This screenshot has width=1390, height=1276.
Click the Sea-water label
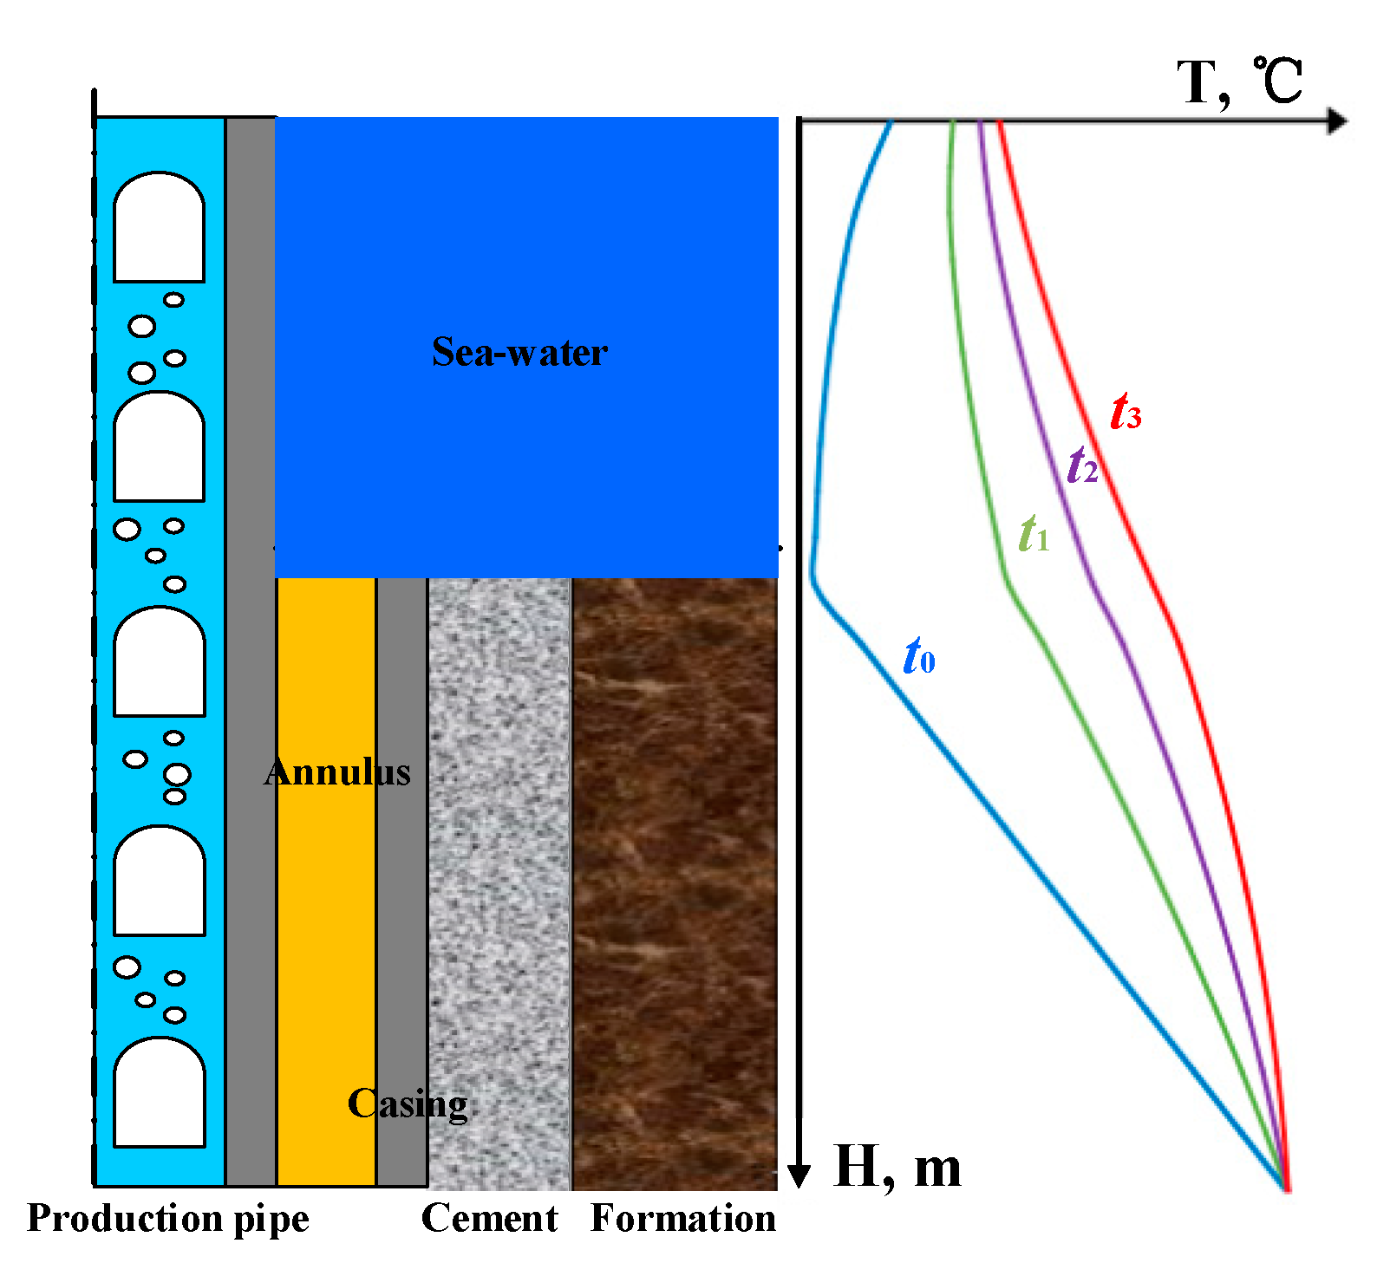pyautogui.click(x=519, y=352)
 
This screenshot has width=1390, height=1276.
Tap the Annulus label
pyautogui.click(x=337, y=771)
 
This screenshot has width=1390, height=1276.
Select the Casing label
pyautogui.click(x=408, y=1103)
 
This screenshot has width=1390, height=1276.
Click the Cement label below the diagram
pyautogui.click(x=489, y=1218)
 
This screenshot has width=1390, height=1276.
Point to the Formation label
pyautogui.click(x=683, y=1218)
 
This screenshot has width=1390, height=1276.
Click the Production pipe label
pyautogui.click(x=168, y=1218)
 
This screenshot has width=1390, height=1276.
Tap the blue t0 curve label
pyautogui.click(x=919, y=656)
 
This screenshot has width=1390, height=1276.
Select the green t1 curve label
pyautogui.click(x=1034, y=534)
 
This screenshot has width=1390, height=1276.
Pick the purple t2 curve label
pyautogui.click(x=1082, y=465)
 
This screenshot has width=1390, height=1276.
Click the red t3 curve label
pyautogui.click(x=1126, y=412)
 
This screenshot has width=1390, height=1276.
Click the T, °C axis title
pyautogui.click(x=1239, y=81)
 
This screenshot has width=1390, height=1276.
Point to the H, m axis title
pyautogui.click(x=897, y=1167)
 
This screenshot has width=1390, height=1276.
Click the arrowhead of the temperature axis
pyautogui.click(x=1338, y=120)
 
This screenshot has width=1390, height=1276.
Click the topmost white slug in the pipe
pyautogui.click(x=160, y=228)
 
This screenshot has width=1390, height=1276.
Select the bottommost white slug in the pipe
pyautogui.click(x=160, y=1093)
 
